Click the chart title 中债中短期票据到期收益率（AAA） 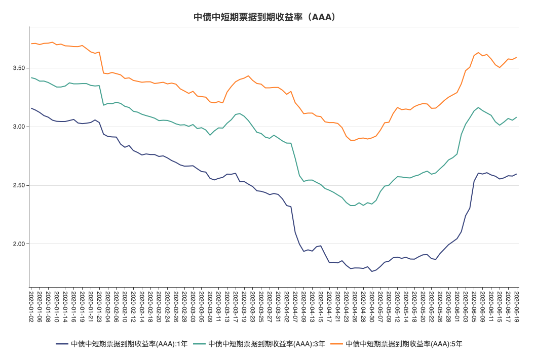click(x=264, y=17)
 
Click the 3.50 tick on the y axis click(x=19, y=68)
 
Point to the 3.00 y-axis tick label click(x=19, y=127)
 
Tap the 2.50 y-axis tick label click(x=19, y=185)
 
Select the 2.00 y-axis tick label click(x=19, y=244)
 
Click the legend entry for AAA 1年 click(x=122, y=344)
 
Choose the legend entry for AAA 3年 click(x=259, y=344)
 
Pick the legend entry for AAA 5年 click(x=396, y=344)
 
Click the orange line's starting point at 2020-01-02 click(x=31, y=44)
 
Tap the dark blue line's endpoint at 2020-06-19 click(x=517, y=174)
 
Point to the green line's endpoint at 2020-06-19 click(x=517, y=117)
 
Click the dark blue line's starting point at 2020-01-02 click(x=31, y=108)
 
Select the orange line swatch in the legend click(x=336, y=344)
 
